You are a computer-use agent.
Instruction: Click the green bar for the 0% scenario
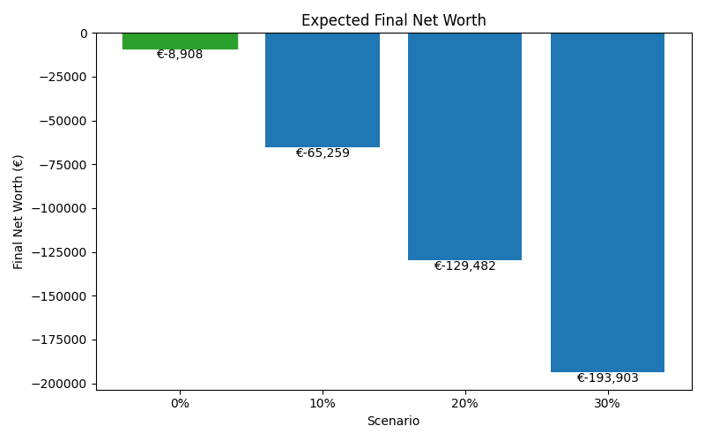[180, 41]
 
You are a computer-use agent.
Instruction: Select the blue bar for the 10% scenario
[323, 90]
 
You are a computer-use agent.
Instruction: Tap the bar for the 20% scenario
[464, 146]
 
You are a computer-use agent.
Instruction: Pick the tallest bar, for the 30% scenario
[607, 203]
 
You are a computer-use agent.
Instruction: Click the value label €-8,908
[180, 55]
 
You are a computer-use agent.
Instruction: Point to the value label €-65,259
[323, 153]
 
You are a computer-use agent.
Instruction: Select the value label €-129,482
[464, 266]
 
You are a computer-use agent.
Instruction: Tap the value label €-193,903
[607, 378]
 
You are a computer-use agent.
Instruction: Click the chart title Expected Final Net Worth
[394, 20]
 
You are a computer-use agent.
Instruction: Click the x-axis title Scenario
[393, 422]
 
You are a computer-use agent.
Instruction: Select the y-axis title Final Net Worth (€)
[19, 212]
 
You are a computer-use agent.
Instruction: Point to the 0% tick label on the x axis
[180, 403]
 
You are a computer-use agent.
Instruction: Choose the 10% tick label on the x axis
[323, 403]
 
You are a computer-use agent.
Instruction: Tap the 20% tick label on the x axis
[464, 403]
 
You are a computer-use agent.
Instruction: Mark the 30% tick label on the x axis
[607, 403]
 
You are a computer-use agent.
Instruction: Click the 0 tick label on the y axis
[84, 34]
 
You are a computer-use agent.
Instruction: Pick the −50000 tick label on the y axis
[64, 121]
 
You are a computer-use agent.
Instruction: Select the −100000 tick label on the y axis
[61, 208]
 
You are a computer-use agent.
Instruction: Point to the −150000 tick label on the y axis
[61, 296]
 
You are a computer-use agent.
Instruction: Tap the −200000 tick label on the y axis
[61, 384]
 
